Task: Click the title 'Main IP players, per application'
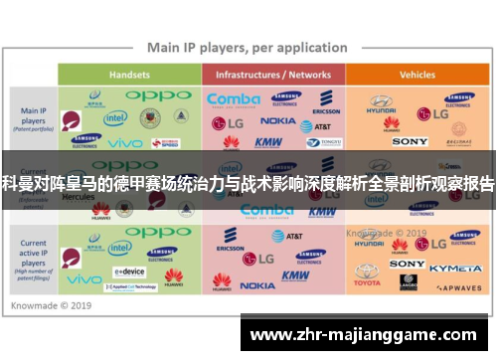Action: (248, 47)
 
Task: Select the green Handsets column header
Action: (129, 74)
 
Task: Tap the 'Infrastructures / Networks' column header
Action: (273, 74)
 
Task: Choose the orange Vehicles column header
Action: (416, 74)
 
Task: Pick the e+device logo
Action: (129, 270)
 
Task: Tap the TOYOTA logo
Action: (367, 282)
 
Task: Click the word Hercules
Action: (78, 196)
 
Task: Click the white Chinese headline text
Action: (248, 182)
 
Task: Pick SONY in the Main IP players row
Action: (409, 142)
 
